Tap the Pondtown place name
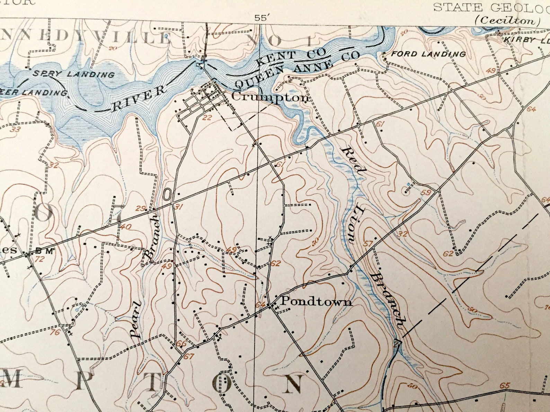click(316, 302)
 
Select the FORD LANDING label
click(428, 54)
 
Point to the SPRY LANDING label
click(73, 74)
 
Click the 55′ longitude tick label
click(261, 18)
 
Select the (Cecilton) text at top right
click(507, 20)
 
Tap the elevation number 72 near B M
click(40, 259)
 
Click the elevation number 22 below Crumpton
click(207, 118)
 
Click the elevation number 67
click(189, 357)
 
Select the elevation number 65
click(505, 385)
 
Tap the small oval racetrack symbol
click(167, 194)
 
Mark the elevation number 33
click(15, 130)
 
